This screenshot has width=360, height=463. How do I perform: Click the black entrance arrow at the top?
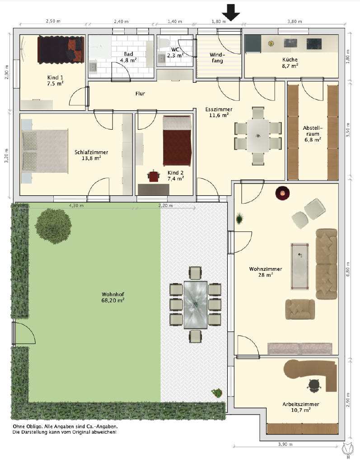[x=231, y=13]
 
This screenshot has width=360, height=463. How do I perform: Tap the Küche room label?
[x=290, y=60]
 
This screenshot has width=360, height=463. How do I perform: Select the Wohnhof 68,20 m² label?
[x=113, y=298]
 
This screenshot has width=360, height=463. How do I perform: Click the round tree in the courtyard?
[x=53, y=226]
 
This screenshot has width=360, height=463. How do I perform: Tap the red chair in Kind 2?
[x=154, y=176]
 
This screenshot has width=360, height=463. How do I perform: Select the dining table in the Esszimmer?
[x=258, y=136]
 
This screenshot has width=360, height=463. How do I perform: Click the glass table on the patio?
[x=195, y=305]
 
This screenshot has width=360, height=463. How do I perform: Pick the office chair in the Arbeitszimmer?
[x=313, y=385]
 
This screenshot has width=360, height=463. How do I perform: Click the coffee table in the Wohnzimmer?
[x=300, y=266]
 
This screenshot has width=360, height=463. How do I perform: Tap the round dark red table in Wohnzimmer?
[x=282, y=193]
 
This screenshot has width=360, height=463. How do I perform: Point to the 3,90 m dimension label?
[x=285, y=444]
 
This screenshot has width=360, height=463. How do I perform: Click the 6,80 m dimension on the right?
[x=348, y=269]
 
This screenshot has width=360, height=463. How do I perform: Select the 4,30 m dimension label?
[x=76, y=205]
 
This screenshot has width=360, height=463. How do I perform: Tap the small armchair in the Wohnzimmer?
[x=300, y=309]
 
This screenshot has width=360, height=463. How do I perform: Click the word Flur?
[x=140, y=94]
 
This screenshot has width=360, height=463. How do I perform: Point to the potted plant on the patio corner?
[x=217, y=393]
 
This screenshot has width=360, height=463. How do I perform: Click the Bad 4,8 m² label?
[x=128, y=57]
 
